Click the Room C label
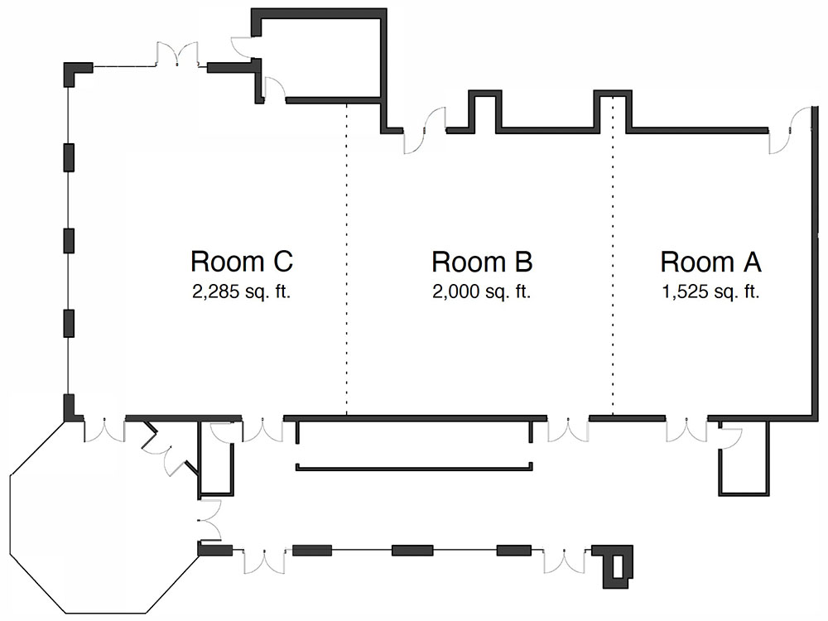242,262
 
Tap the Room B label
482,262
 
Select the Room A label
710,262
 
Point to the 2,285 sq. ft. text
242,291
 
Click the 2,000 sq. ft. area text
482,291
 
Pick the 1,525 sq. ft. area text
710,291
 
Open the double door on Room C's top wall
177,56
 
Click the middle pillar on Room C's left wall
70,239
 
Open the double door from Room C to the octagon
103,428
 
